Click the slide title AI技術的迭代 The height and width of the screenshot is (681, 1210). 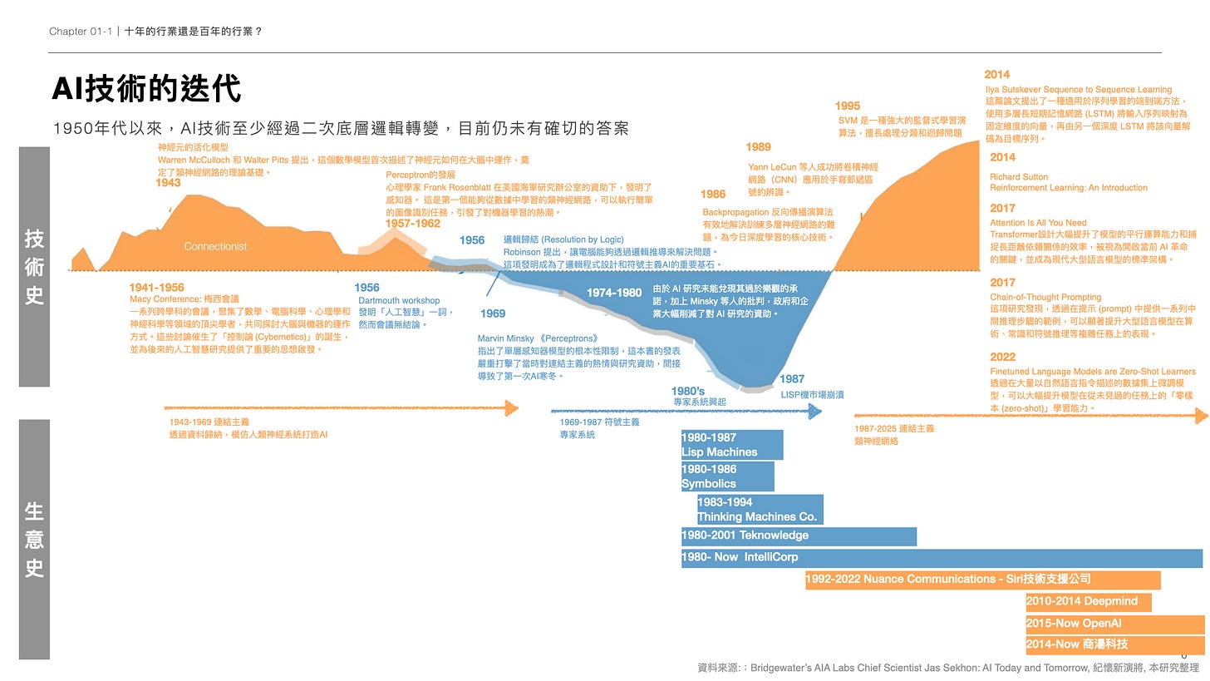[x=146, y=88]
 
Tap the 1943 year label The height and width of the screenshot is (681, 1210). [x=168, y=183]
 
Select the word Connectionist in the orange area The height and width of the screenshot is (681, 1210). [x=215, y=246]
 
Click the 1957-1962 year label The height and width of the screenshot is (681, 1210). [x=412, y=224]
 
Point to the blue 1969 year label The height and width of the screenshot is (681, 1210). [x=493, y=313]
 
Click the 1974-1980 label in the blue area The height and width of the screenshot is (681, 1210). [x=614, y=293]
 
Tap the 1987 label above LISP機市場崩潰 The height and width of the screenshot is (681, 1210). [x=792, y=379]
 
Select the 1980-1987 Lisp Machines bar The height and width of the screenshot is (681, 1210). [x=731, y=445]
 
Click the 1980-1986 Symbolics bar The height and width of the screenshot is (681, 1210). [x=727, y=476]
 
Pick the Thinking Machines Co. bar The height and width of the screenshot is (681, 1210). [x=760, y=510]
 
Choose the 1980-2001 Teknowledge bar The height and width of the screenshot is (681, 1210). [x=798, y=536]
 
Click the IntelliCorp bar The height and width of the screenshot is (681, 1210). [x=941, y=558]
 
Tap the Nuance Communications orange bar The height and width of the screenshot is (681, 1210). [x=982, y=580]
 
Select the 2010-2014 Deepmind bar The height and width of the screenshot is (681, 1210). [x=1088, y=602]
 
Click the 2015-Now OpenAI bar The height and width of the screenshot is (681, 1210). [x=1114, y=624]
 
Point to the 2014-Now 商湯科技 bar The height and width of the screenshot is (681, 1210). [x=1114, y=644]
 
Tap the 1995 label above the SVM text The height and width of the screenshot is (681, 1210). [x=848, y=106]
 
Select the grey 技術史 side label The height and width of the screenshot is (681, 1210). [x=34, y=267]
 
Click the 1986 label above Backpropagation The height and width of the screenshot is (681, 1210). [x=713, y=195]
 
